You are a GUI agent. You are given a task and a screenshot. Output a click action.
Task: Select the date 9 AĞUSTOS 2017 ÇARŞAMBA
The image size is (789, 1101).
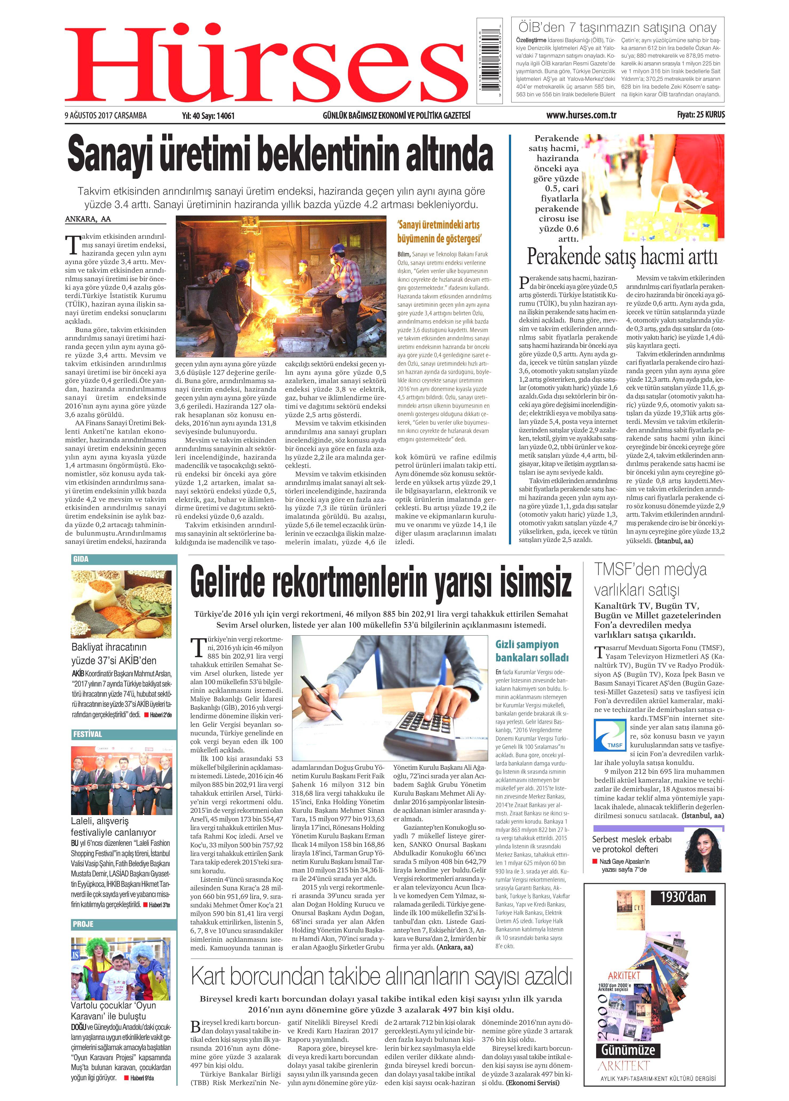106,115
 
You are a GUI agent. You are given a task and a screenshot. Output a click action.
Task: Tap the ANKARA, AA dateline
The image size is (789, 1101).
88,219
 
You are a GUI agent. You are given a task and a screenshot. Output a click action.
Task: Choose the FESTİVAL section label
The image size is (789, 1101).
88,734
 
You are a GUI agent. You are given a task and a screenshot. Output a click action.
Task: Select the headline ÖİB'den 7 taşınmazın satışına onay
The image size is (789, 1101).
617,28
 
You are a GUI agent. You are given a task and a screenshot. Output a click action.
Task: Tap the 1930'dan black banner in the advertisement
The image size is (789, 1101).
683,897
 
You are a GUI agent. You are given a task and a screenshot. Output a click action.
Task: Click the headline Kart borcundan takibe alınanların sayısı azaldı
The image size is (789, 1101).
381,976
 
